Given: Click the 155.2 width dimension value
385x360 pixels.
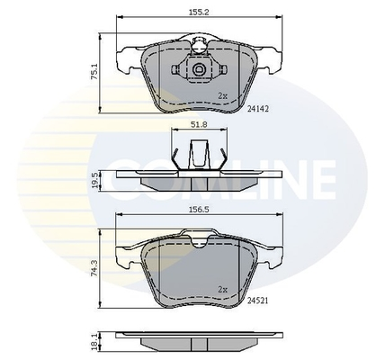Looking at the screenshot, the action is [199, 12].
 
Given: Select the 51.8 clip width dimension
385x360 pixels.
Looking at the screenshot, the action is [199, 124].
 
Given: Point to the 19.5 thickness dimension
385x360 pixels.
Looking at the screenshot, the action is [94, 181].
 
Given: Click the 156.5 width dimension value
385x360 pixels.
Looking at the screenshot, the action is [199, 210].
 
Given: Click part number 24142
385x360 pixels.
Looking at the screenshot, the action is [258, 109].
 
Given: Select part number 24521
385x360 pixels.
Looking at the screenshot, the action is [258, 301].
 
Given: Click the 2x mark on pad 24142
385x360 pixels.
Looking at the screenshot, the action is [223, 96].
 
